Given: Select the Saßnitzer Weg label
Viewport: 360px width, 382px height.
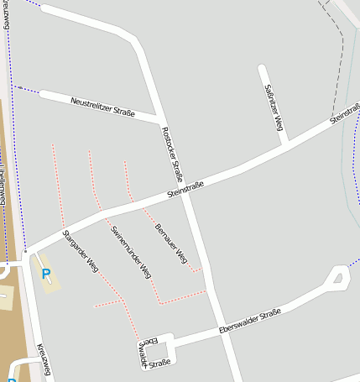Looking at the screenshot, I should [x=274, y=107].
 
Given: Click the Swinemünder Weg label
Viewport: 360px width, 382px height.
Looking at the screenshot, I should [x=131, y=251].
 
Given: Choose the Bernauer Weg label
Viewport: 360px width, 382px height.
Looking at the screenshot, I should [x=170, y=244].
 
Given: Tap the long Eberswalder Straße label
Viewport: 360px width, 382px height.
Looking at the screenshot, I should [x=248, y=320].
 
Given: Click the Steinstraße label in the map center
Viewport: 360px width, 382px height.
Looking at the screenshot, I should [x=185, y=190].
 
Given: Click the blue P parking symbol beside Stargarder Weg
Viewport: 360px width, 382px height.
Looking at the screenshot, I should [x=46, y=274].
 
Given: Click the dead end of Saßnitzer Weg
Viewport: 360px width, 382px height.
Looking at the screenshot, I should [x=262, y=68].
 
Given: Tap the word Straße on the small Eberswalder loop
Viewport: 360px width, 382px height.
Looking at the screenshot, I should [x=159, y=363].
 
